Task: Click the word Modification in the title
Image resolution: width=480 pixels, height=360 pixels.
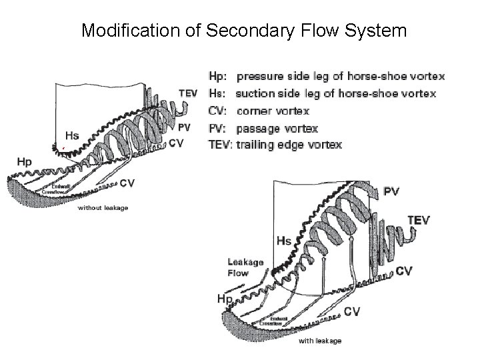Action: (118, 30)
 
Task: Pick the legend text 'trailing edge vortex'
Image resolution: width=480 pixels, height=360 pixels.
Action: (289, 145)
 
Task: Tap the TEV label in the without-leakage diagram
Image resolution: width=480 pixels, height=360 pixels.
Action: (187, 93)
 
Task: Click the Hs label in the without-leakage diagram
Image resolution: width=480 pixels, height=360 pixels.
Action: (72, 136)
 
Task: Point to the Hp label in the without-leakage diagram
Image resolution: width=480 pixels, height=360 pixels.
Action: (24, 161)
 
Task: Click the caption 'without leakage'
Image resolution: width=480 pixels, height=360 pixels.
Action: (103, 208)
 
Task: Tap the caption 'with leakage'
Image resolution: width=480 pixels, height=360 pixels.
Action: (319, 341)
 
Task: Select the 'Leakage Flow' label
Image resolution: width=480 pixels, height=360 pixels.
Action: (245, 267)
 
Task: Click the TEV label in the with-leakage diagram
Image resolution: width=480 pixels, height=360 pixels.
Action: (419, 220)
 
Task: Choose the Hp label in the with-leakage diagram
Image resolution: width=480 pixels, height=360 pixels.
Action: (225, 299)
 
